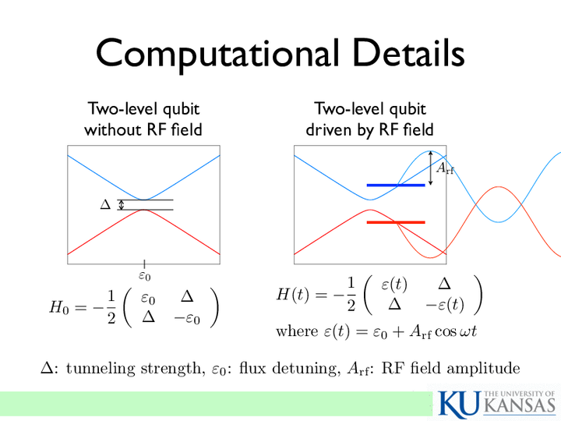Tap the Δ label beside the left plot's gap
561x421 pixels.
105,204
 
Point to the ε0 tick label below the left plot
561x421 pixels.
145,276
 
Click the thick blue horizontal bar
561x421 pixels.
396,185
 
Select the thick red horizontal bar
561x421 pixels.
396,222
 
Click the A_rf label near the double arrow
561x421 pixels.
445,168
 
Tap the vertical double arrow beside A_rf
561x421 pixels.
430,168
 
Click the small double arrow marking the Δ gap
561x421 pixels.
122,204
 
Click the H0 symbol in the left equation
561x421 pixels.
58,307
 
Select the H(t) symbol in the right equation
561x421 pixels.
292,295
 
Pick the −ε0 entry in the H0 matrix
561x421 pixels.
187,318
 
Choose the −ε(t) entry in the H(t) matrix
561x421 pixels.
444,305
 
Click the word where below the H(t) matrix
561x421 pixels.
297,331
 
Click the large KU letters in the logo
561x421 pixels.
460,405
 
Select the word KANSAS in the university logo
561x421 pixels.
521,405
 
